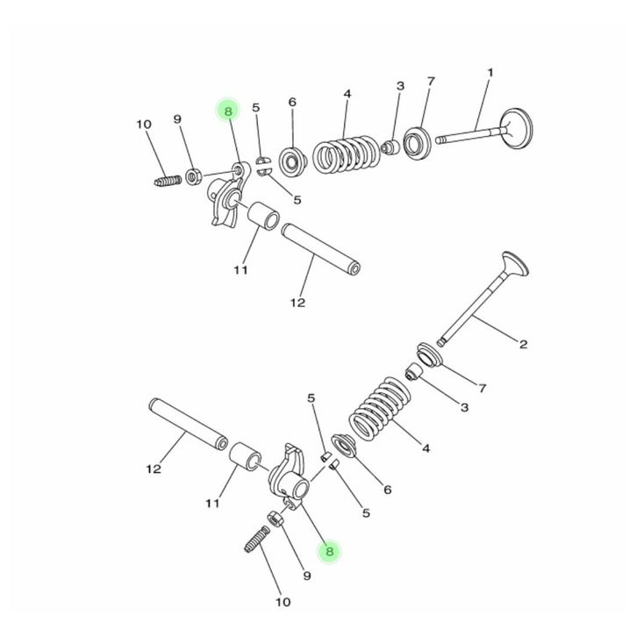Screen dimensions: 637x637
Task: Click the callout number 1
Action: click(x=490, y=73)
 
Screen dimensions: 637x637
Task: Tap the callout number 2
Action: click(x=523, y=345)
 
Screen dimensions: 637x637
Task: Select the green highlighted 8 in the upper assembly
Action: click(x=228, y=111)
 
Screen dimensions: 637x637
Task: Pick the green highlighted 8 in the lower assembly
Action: click(x=329, y=551)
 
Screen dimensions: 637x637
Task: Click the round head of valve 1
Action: click(x=516, y=128)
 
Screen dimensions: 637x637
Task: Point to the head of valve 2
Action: click(x=515, y=264)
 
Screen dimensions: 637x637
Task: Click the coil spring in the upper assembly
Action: click(x=347, y=154)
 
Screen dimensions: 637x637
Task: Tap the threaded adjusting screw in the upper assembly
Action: click(x=168, y=181)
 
